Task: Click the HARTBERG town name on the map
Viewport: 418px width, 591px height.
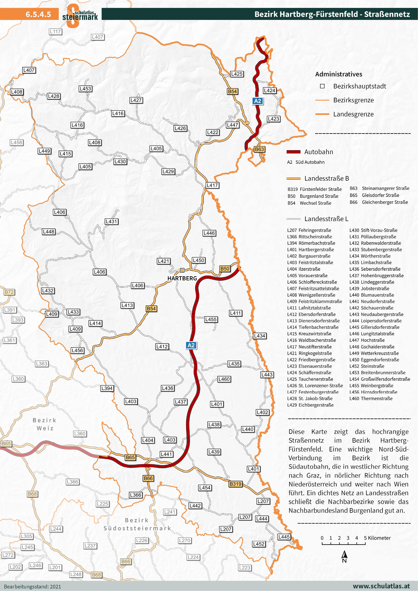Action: pyautogui.click(x=182, y=278)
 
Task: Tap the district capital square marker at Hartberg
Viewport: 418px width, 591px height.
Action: pyautogui.click(x=182, y=270)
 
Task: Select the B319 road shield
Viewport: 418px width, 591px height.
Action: pyautogui.click(x=235, y=484)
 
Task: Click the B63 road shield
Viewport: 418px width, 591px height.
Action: pyautogui.click(x=259, y=149)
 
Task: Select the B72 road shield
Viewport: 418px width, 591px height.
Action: pyautogui.click(x=9, y=292)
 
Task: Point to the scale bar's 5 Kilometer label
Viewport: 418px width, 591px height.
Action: pyautogui.click(x=377, y=538)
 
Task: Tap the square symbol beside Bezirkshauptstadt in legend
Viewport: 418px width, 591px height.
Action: pyautogui.click(x=322, y=86)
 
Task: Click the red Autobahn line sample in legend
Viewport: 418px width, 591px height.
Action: pyautogui.click(x=294, y=152)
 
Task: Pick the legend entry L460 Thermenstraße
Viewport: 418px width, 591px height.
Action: pyautogui.click(x=371, y=398)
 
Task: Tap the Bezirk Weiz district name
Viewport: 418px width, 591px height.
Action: pyautogui.click(x=44, y=424)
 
